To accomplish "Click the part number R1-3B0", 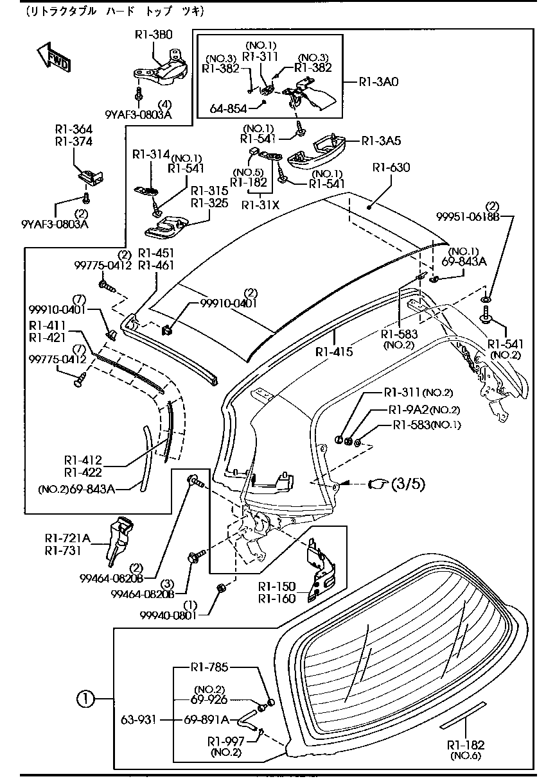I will pyautogui.click(x=154, y=35).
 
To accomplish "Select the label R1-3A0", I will pyautogui.click(x=379, y=82).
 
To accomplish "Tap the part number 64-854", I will pyautogui.click(x=228, y=109).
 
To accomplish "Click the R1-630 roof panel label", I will pyautogui.click(x=391, y=167).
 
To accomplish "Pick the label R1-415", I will pyautogui.click(x=334, y=352).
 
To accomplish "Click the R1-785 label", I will pyautogui.click(x=209, y=667).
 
